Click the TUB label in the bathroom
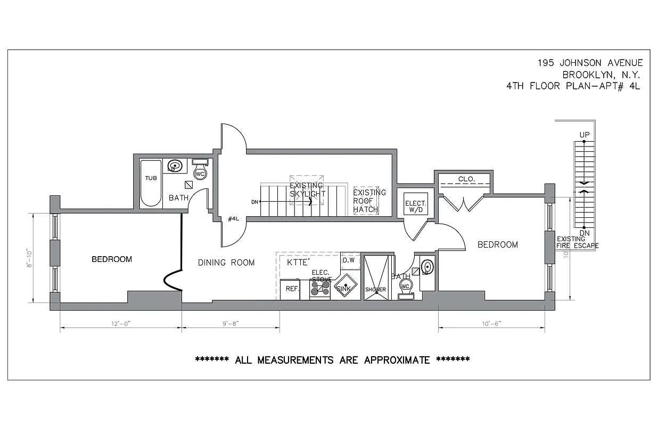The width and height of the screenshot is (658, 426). pyautogui.click(x=151, y=178)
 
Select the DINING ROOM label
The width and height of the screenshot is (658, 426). pyautogui.click(x=226, y=263)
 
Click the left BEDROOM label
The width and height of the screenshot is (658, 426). pyautogui.click(x=112, y=259)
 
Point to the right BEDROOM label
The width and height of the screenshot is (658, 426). pyautogui.click(x=497, y=245)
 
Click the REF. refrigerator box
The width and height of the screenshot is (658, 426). pyautogui.click(x=291, y=289)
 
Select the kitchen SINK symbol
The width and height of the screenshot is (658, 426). pyautogui.click(x=346, y=288)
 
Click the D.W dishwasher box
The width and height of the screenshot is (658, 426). pyautogui.click(x=349, y=260)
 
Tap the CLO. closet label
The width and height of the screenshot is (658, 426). pyautogui.click(x=466, y=179)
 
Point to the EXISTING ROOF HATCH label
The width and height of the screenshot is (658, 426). pyautogui.click(x=369, y=201)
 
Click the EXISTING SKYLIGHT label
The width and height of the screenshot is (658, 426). pyautogui.click(x=307, y=190)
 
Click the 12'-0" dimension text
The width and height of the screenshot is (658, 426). pyautogui.click(x=120, y=323)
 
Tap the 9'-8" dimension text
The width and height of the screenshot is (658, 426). pyautogui.click(x=231, y=323)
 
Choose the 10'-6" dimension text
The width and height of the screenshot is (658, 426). pyautogui.click(x=491, y=323)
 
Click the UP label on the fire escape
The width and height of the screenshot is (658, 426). pyautogui.click(x=584, y=135)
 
